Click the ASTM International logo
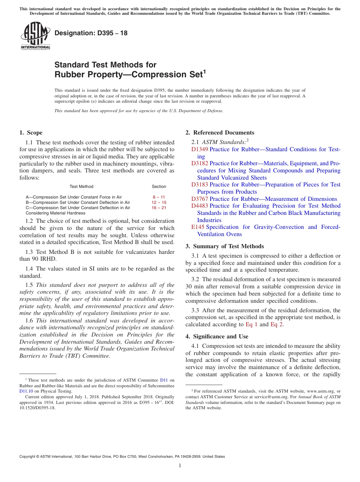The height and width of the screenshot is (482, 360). [x=35, y=36]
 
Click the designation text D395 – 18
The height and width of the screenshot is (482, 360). [x=91, y=33]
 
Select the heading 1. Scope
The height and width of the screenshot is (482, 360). [x=31, y=133]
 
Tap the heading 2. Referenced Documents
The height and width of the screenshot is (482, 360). [x=220, y=133]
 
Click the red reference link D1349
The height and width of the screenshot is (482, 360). [x=200, y=149]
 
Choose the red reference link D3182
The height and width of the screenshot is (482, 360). [x=200, y=163]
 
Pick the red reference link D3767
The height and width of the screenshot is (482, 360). [x=200, y=199]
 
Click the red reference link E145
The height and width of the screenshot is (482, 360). [x=198, y=227]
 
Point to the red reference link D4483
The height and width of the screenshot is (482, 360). [x=200, y=206]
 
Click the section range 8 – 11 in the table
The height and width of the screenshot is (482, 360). [x=158, y=197]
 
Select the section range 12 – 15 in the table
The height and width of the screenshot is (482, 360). [x=159, y=202]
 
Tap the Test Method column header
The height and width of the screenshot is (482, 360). [x=81, y=186]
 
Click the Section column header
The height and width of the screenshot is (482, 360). [x=159, y=186]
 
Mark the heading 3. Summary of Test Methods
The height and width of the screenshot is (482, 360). [x=224, y=246]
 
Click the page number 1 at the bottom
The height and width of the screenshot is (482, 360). [x=180, y=465]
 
